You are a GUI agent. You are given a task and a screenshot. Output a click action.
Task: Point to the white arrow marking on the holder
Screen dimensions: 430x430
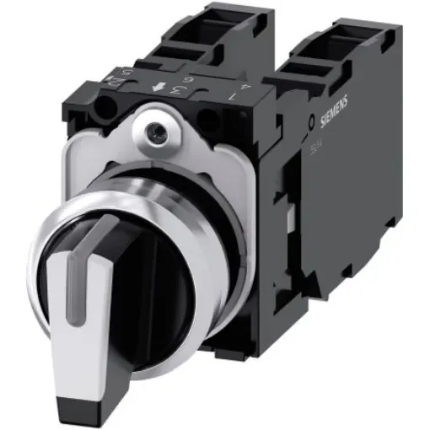pyautogui.click(x=156, y=88)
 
